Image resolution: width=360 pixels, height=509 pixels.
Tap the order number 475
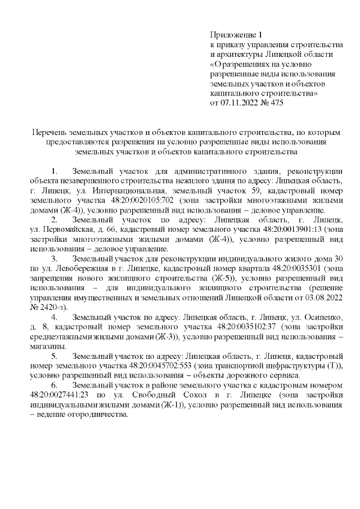point(276,103)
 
